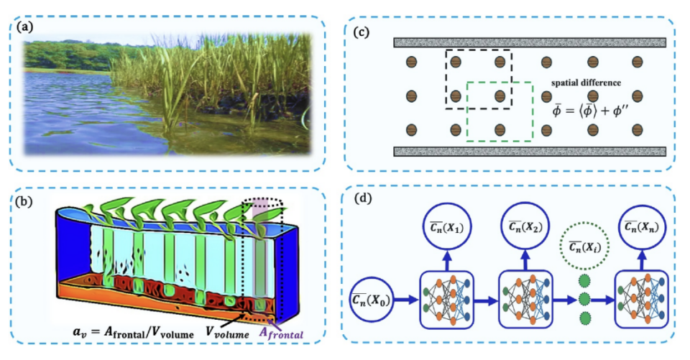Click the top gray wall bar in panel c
coord(532,42)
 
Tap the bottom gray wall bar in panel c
coord(532,152)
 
